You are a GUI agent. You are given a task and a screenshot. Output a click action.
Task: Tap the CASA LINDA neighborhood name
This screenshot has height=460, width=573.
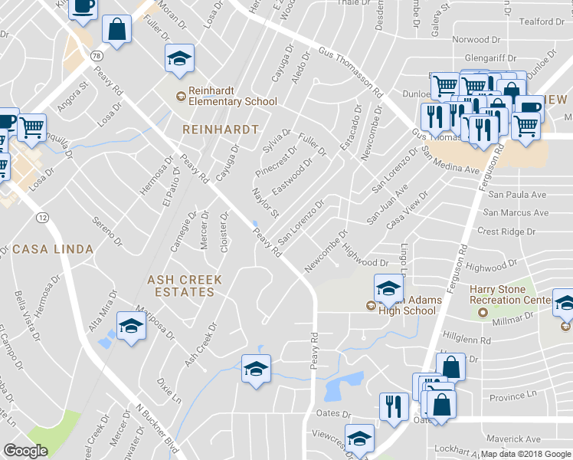tap(53, 249)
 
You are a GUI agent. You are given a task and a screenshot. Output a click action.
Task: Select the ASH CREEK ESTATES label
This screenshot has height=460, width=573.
tap(185, 286)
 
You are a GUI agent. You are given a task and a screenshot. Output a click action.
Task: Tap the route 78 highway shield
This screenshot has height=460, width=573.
tap(96, 56)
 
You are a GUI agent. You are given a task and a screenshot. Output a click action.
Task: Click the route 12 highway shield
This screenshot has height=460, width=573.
tap(42, 219)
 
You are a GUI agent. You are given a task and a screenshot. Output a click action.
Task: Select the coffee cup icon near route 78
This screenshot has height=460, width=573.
tap(83, 7)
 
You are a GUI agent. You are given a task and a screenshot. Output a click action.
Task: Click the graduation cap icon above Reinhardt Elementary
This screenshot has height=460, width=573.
tap(179, 58)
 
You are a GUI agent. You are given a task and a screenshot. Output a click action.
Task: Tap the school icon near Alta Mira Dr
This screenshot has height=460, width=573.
tap(132, 327)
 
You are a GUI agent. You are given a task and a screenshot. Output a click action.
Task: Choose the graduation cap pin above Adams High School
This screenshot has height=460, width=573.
tap(388, 289)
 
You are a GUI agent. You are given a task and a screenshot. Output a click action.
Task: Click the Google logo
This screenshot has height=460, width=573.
tap(25, 451)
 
